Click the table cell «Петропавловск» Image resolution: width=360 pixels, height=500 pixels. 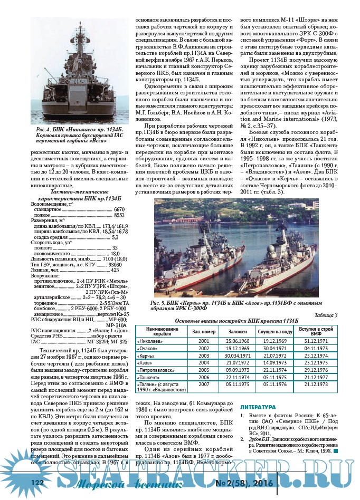[x=156, y=370]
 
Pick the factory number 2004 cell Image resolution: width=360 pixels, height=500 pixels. [x=204, y=363]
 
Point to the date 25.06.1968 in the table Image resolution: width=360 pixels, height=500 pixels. [x=238, y=341]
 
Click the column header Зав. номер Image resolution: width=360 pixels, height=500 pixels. [x=204, y=332]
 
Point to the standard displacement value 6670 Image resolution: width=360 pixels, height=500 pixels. [x=119, y=210]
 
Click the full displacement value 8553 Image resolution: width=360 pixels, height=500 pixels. [x=119, y=216]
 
